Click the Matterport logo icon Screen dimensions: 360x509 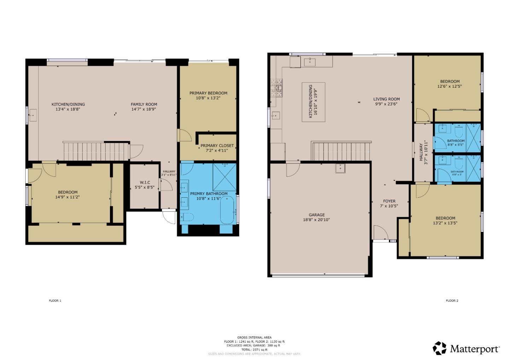click(439, 348)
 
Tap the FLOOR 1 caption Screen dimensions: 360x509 click(55, 301)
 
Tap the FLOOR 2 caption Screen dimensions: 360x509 click(452, 301)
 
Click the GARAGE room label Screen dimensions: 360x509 click(317, 215)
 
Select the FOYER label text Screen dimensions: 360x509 click(389, 201)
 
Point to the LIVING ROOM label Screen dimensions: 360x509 click(386, 99)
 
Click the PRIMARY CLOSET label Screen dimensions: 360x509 click(217, 146)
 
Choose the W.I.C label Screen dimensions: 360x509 click(145, 182)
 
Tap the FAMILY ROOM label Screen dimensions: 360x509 click(144, 104)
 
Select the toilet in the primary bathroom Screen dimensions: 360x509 click(186, 217)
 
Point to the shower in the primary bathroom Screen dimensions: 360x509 click(224, 177)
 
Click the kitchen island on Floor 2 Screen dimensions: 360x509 click(314, 102)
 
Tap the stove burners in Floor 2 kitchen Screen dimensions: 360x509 click(277, 87)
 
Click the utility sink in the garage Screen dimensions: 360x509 click(340, 168)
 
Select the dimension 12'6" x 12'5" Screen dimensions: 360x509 click(450, 86)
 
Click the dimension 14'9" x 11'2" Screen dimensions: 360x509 click(67, 197)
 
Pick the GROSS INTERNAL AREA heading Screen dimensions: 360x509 click(254, 338)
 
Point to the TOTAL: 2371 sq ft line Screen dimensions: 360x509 click(254, 350)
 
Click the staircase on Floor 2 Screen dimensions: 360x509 click(341, 151)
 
